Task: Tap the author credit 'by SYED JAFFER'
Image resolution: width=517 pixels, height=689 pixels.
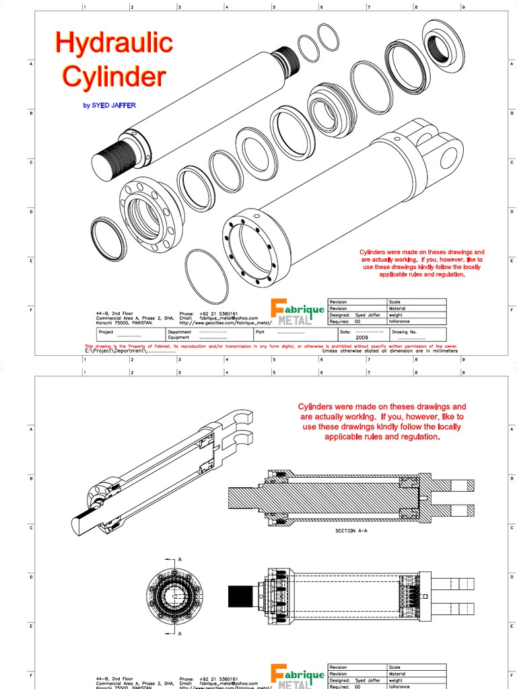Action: click(x=108, y=106)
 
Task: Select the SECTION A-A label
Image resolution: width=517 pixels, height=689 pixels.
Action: click(x=351, y=531)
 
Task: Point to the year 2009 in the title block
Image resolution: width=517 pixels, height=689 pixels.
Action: click(x=361, y=338)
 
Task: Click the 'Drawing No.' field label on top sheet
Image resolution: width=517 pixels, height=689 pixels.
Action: click(x=404, y=332)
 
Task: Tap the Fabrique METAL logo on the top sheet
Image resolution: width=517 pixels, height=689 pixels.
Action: click(x=297, y=312)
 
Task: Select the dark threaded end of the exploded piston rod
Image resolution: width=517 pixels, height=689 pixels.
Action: click(x=111, y=161)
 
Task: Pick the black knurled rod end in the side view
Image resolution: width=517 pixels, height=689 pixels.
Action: click(x=240, y=596)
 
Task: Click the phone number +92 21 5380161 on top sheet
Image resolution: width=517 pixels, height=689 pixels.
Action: click(x=218, y=314)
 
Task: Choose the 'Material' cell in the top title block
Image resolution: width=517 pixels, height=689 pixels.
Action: click(x=397, y=309)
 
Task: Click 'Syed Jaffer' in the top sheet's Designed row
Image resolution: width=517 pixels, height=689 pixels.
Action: click(x=369, y=315)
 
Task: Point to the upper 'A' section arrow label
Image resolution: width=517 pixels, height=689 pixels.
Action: click(x=180, y=559)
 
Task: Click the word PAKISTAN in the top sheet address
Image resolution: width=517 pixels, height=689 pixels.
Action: click(x=139, y=323)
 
